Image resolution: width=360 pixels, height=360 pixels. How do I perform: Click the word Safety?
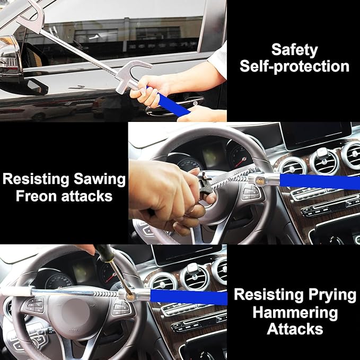pyautogui.click(x=294, y=50)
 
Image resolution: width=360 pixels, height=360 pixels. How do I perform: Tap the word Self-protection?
pyautogui.click(x=294, y=66)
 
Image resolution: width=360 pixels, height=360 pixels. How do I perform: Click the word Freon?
pyautogui.click(x=36, y=196)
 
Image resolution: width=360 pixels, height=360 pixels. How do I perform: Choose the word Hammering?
pyautogui.click(x=295, y=313)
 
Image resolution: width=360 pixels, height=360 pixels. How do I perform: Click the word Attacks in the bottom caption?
pyautogui.click(x=295, y=329)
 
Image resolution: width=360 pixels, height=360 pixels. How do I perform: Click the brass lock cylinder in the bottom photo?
pyautogui.click(x=130, y=297)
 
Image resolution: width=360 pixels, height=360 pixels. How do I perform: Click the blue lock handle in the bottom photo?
pyautogui.click(x=189, y=297)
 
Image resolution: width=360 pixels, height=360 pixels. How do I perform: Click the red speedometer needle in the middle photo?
pyautogui.click(x=240, y=162)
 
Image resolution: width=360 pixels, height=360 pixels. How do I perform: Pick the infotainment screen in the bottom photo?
pyautogui.click(x=187, y=255)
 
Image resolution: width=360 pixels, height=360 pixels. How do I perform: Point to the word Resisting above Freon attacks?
pyautogui.click(x=36, y=179)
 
